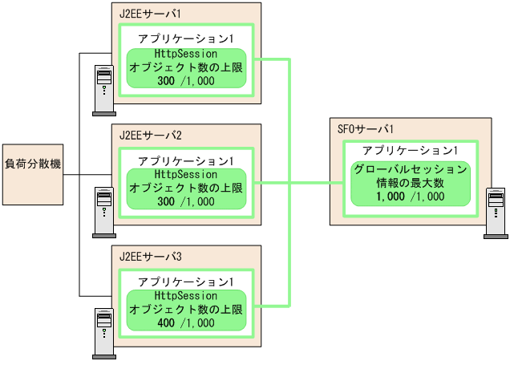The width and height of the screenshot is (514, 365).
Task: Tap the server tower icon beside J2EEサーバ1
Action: click(103, 91)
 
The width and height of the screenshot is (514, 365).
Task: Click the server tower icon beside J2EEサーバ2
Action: click(103, 212)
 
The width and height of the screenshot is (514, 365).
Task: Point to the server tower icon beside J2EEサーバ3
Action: click(103, 332)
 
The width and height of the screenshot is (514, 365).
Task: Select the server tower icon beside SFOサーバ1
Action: click(495, 213)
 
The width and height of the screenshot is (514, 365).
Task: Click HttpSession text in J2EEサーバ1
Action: click(186, 53)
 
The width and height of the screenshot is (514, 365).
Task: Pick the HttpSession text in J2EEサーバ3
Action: click(186, 295)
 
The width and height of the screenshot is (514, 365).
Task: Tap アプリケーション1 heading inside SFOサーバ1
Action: click(409, 151)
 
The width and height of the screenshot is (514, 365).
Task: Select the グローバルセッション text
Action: click(409, 169)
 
